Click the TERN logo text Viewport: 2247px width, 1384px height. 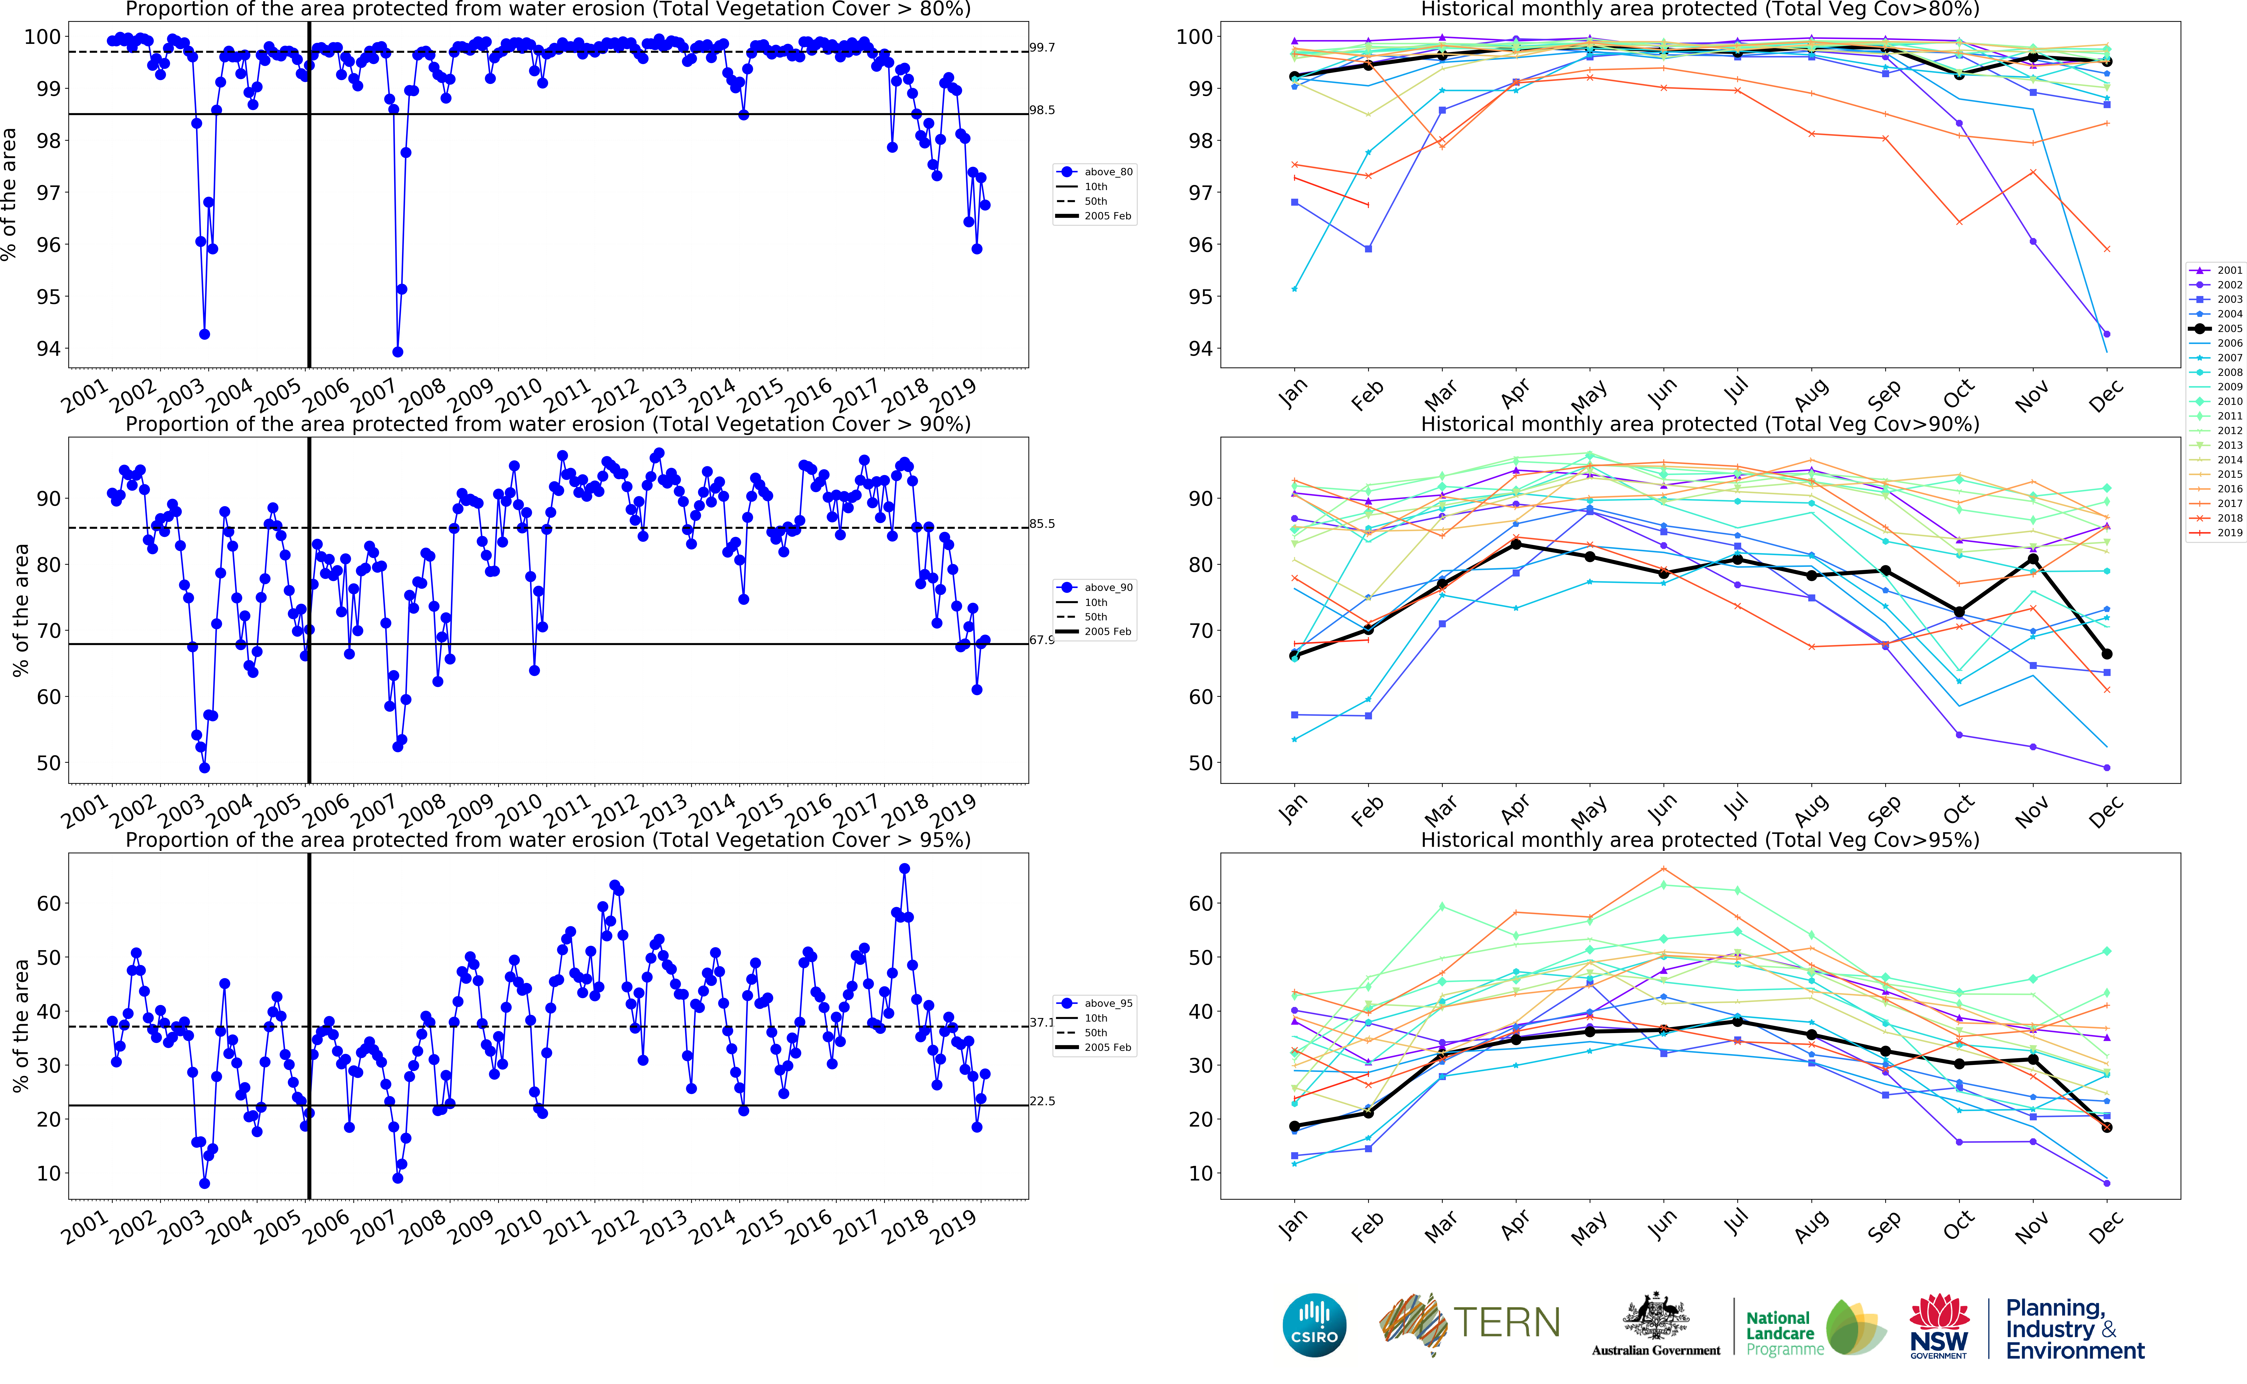1506,1323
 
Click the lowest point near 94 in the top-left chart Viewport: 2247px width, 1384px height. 397,351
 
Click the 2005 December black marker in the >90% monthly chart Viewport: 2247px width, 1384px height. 2107,654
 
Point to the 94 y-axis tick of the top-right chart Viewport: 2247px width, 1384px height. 1201,349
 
